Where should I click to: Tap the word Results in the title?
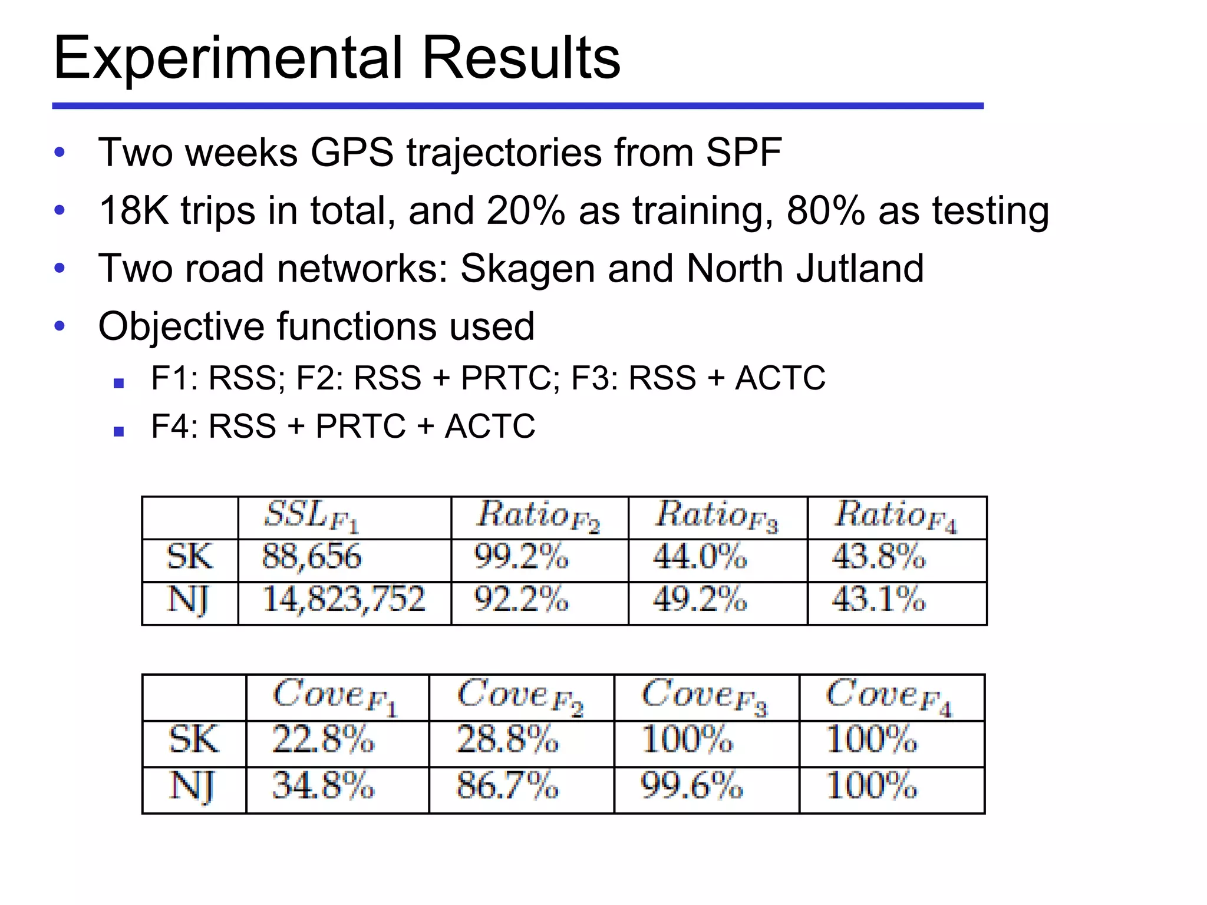pyautogui.click(x=521, y=58)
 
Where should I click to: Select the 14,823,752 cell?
pyautogui.click(x=343, y=600)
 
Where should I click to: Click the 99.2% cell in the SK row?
pyautogui.click(x=521, y=557)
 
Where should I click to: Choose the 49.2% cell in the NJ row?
pyautogui.click(x=700, y=600)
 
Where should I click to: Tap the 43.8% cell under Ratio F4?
pyautogui.click(x=878, y=557)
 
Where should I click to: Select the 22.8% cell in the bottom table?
pyautogui.click(x=322, y=740)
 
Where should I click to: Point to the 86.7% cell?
pyautogui.click(x=507, y=786)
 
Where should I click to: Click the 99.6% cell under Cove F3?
pyautogui.click(x=691, y=786)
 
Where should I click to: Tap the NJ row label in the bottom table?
pyautogui.click(x=193, y=786)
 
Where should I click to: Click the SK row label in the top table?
pyautogui.click(x=189, y=557)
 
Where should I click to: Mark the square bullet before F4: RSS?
pyautogui.click(x=119, y=431)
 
